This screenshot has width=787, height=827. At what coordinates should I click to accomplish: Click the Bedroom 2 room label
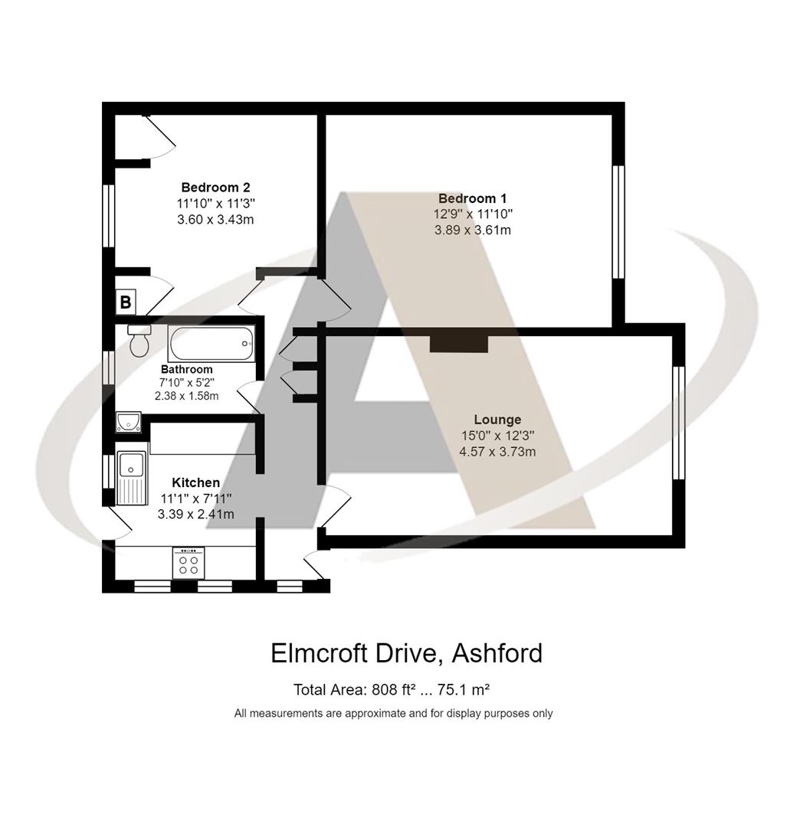point(215,188)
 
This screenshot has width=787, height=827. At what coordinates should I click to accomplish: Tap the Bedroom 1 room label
point(472,198)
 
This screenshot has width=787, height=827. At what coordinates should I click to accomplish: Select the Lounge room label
point(497,420)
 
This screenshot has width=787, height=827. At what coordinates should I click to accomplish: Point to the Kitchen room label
point(196,482)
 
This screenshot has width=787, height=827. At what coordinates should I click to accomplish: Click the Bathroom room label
point(187,369)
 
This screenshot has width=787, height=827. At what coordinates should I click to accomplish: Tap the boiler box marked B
point(126,302)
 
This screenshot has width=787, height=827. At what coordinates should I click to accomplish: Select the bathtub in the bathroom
point(212,343)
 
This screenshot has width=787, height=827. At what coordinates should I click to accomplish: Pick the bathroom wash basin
point(128,422)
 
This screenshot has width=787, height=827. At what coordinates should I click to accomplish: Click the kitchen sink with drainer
point(132,477)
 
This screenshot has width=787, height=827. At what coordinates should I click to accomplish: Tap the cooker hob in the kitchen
point(189,564)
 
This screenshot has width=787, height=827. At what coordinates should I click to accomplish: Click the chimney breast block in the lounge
point(459,344)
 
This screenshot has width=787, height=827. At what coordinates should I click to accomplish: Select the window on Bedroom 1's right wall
point(618,222)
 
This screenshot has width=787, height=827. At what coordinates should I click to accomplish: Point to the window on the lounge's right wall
point(679,423)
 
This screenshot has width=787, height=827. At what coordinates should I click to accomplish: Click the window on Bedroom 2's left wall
point(109,216)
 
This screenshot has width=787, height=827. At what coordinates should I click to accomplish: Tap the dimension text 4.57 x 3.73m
point(498,452)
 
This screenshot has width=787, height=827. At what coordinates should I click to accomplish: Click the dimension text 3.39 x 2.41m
point(196,515)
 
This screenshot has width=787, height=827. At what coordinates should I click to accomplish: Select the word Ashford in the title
point(498,653)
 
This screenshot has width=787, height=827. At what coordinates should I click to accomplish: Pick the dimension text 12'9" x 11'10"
point(473,214)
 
